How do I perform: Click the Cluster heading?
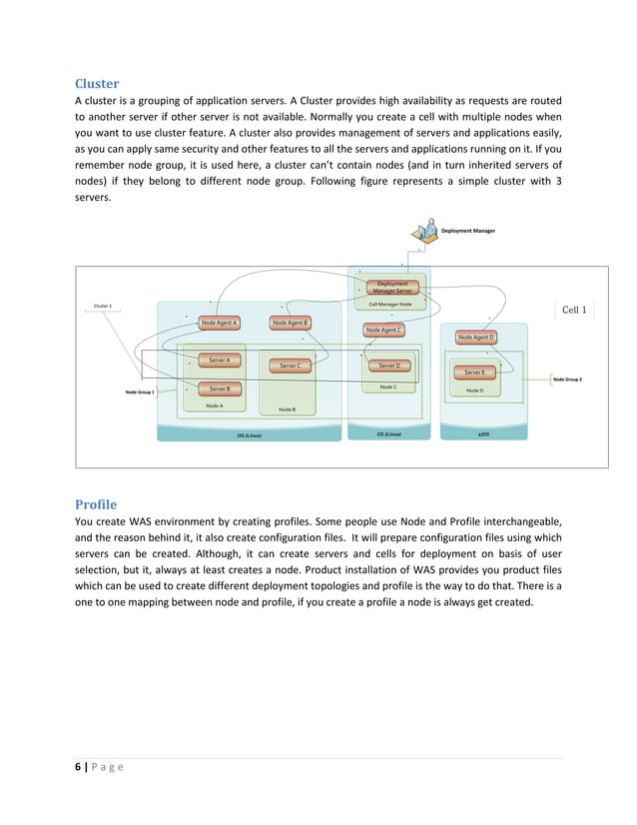click(x=97, y=84)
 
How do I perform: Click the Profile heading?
click(x=96, y=503)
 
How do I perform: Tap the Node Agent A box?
click(x=219, y=323)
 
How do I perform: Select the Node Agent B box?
click(x=291, y=323)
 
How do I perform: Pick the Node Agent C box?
click(x=383, y=330)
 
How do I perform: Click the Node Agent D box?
click(x=476, y=338)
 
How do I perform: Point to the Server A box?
click(x=219, y=360)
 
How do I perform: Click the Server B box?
click(x=219, y=389)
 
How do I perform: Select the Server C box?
click(x=290, y=366)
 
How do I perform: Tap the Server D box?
click(x=388, y=366)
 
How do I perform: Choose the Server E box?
click(x=474, y=372)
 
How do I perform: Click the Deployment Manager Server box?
click(x=391, y=287)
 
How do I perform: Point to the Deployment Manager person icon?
click(x=428, y=230)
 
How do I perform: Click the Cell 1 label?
click(x=574, y=310)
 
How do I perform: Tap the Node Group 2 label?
click(x=567, y=380)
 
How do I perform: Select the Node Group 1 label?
click(x=140, y=393)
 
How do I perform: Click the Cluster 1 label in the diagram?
click(x=102, y=306)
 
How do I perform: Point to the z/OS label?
click(x=482, y=434)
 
